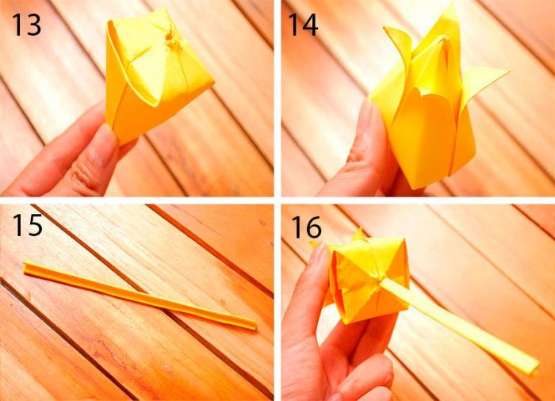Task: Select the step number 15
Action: click(27, 224)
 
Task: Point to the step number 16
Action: click(307, 227)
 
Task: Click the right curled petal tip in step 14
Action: click(508, 71)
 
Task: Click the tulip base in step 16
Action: click(368, 280)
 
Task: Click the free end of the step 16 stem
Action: click(534, 368)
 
